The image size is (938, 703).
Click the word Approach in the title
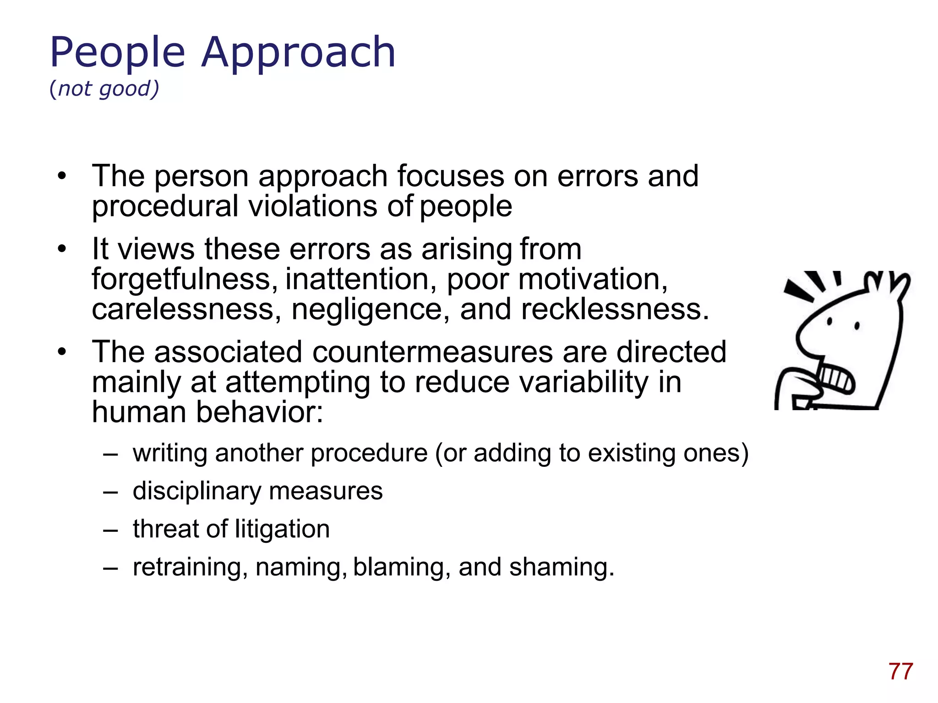pos(298,54)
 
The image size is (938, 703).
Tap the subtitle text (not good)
pos(104,88)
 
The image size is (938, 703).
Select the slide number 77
pos(900,671)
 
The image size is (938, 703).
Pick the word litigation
pos(282,529)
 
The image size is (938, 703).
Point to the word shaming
pos(562,567)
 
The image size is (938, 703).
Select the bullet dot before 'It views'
pos(62,249)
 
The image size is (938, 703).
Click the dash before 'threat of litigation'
pos(110,530)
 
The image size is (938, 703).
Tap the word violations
pos(313,206)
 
